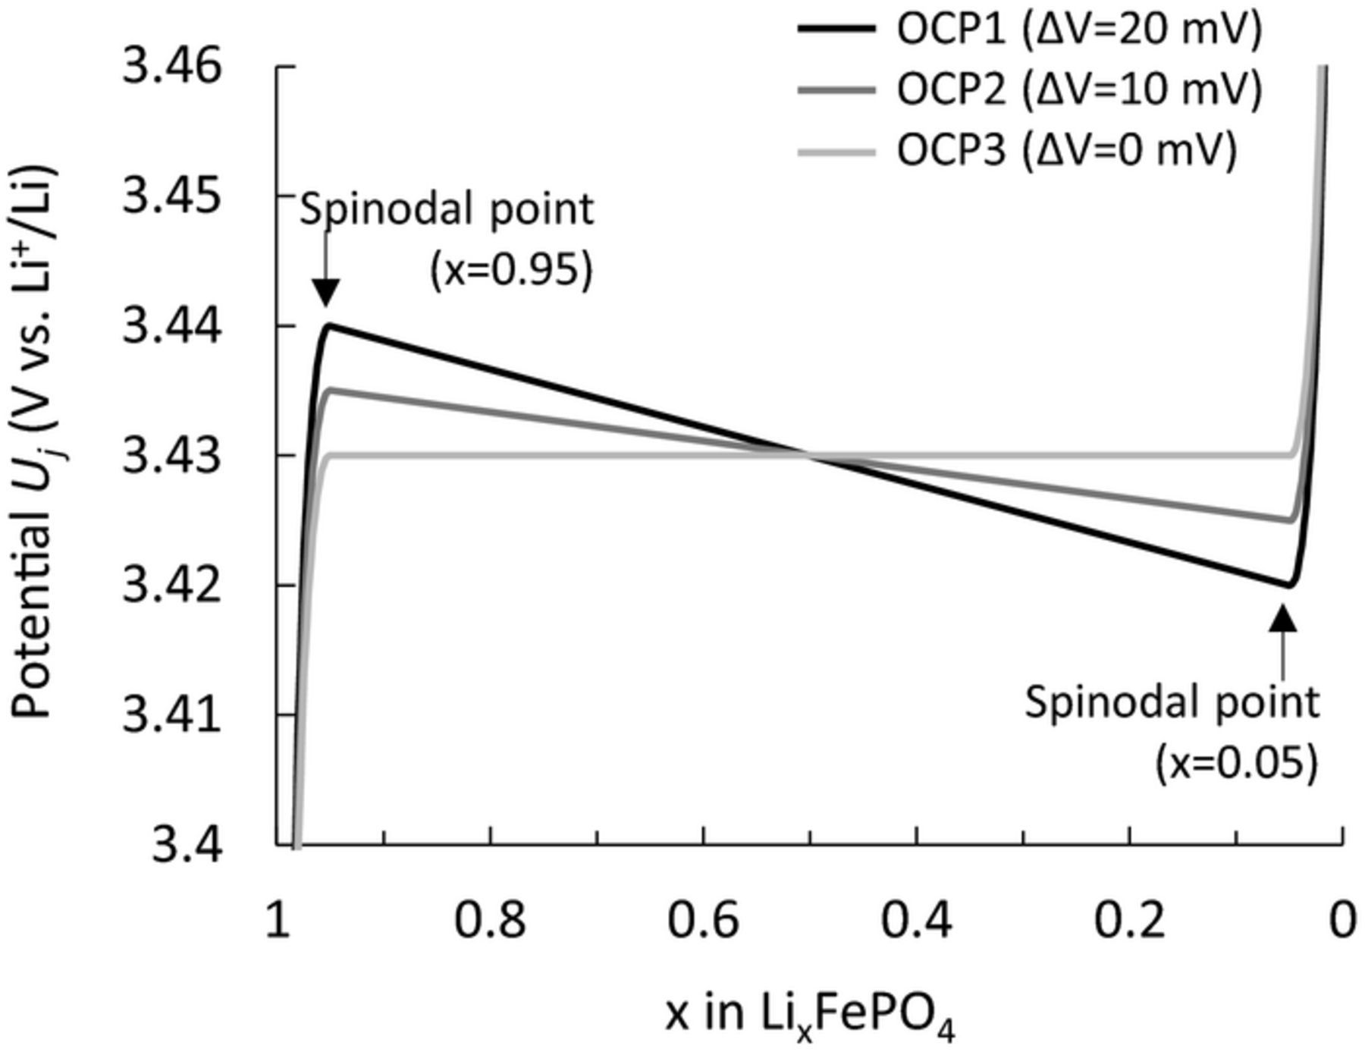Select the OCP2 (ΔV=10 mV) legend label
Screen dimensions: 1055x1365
[x=1079, y=89]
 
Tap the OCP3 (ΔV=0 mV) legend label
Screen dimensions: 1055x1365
[x=1066, y=149]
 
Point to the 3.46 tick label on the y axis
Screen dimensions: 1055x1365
[x=173, y=66]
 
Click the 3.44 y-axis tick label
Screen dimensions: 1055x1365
[x=173, y=327]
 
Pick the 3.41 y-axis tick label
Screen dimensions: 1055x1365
[x=173, y=715]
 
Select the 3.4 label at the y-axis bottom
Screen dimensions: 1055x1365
[x=187, y=845]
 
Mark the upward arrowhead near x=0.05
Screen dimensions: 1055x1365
[x=1283, y=617]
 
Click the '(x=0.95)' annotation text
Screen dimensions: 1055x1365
[x=510, y=269]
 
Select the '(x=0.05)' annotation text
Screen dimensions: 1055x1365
[x=1236, y=762]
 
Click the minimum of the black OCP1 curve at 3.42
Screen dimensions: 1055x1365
[x=1288, y=585]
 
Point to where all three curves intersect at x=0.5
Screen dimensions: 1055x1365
[x=809, y=455]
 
